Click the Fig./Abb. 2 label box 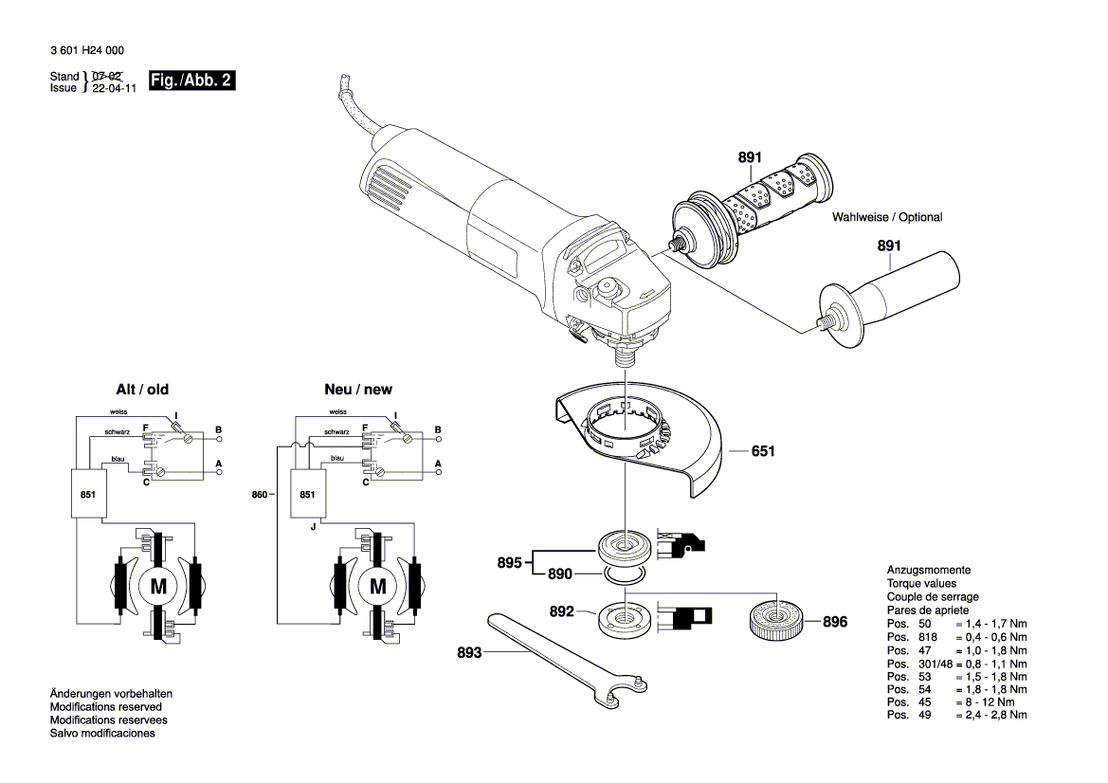(x=191, y=82)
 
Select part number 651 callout (x=763, y=452)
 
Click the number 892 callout (x=562, y=611)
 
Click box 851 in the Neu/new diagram (x=307, y=494)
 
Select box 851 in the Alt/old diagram (x=88, y=494)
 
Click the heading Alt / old (x=142, y=390)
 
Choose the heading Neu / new (x=357, y=390)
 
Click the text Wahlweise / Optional (x=887, y=218)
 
